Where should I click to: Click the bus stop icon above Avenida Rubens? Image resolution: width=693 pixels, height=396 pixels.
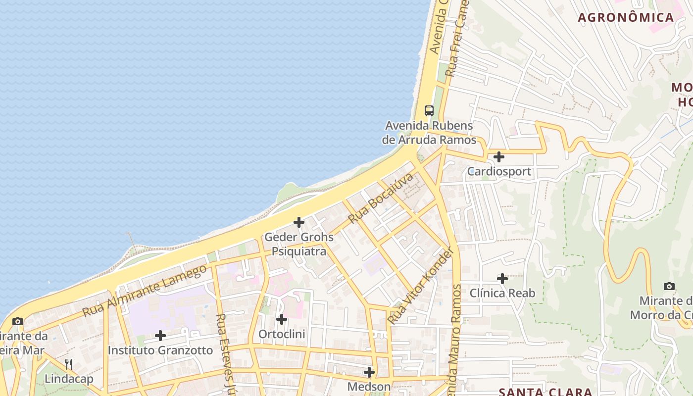click(x=429, y=111)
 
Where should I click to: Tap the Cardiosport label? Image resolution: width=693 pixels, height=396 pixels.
click(x=499, y=172)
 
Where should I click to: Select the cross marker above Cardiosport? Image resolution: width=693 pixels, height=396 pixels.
click(x=499, y=157)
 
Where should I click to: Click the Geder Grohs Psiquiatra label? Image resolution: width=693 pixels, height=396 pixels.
click(x=299, y=244)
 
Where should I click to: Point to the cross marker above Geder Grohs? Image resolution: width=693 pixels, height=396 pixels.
click(x=299, y=222)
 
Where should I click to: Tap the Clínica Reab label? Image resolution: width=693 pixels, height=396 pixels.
click(x=502, y=293)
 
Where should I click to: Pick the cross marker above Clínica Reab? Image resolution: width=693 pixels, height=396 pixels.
click(x=502, y=279)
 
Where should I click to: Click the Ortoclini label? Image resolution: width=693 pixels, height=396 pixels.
click(x=282, y=334)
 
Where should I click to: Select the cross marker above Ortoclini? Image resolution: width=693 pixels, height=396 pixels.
click(x=282, y=319)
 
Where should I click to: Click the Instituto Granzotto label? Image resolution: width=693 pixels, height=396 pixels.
click(x=160, y=350)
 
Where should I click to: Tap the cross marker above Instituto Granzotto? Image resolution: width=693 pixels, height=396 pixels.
click(x=160, y=336)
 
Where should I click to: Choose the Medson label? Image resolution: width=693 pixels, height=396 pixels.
click(x=369, y=386)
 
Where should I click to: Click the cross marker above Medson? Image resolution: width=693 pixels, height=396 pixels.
click(x=369, y=372)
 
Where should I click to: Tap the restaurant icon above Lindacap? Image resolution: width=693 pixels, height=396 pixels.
click(x=69, y=364)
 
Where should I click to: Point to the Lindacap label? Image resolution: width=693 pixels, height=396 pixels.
click(x=69, y=379)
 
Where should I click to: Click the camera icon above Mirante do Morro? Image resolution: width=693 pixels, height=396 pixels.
click(x=669, y=286)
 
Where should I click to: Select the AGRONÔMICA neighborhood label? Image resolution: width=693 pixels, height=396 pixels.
click(x=626, y=18)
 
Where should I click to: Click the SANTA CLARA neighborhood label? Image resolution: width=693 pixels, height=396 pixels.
click(x=545, y=392)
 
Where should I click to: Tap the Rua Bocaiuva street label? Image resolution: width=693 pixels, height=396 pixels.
click(x=381, y=198)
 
